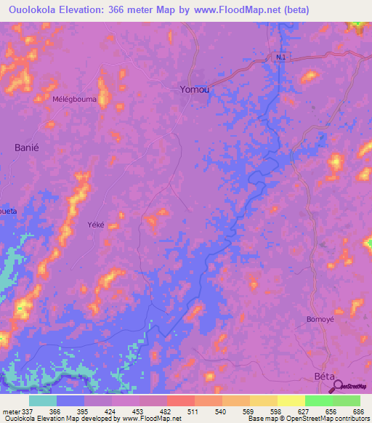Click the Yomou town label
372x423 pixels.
195,90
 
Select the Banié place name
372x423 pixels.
26,147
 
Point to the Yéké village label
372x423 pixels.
96,225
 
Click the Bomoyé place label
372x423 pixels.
320,319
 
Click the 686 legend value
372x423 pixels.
360,411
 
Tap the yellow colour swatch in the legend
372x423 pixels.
291,400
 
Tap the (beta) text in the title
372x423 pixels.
293,10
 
